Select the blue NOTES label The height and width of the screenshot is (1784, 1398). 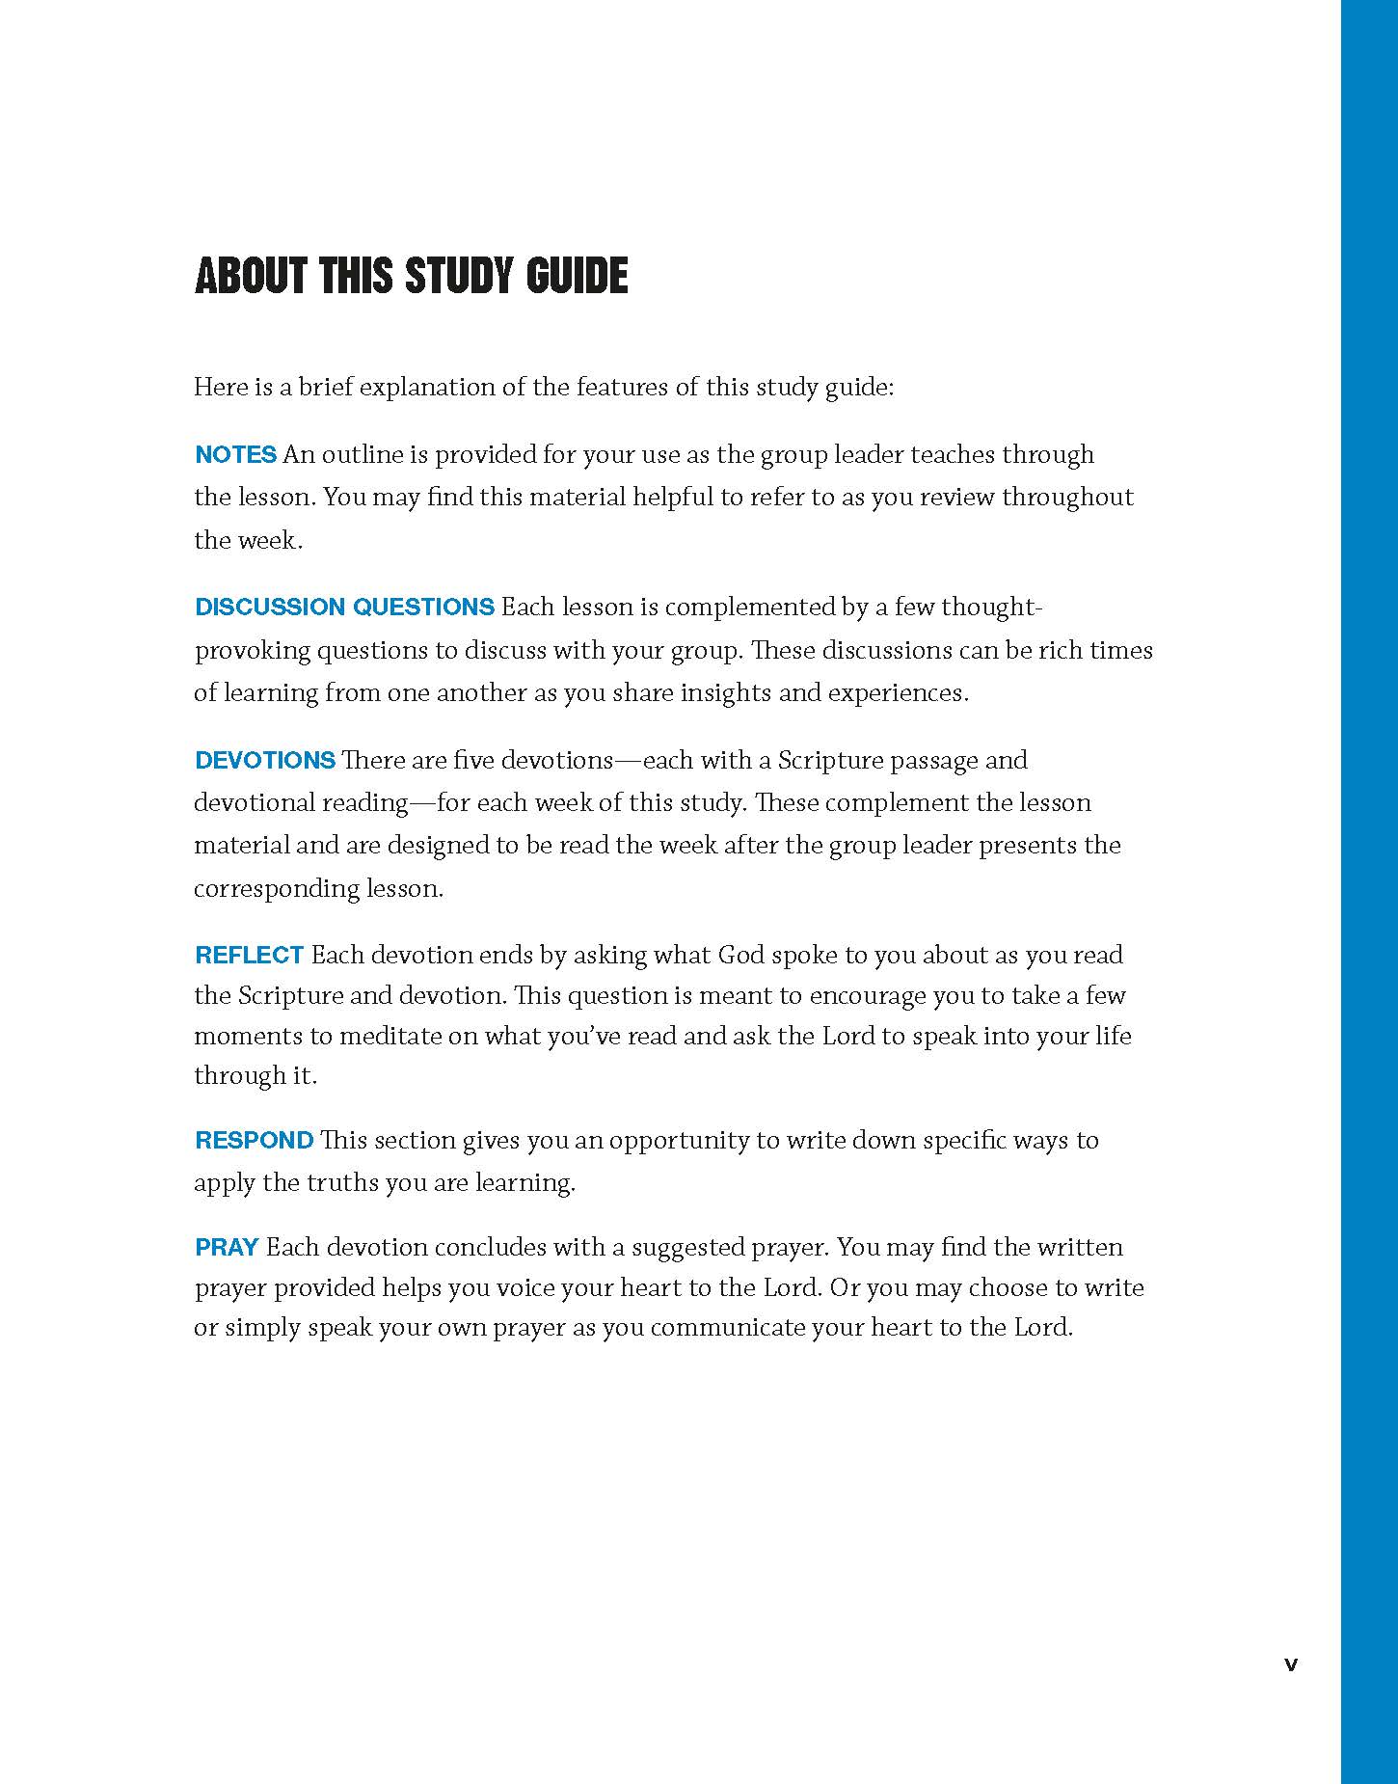coord(235,454)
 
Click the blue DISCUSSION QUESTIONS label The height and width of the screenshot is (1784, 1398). coord(344,607)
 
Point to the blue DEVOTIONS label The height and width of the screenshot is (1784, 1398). coord(264,760)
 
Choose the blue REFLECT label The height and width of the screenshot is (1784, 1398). coord(249,955)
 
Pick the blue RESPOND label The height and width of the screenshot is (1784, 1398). coord(254,1140)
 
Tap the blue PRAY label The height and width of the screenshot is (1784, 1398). coord(227,1247)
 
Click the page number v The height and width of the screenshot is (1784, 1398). coord(1291,1663)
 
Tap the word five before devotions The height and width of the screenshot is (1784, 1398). coord(473,760)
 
